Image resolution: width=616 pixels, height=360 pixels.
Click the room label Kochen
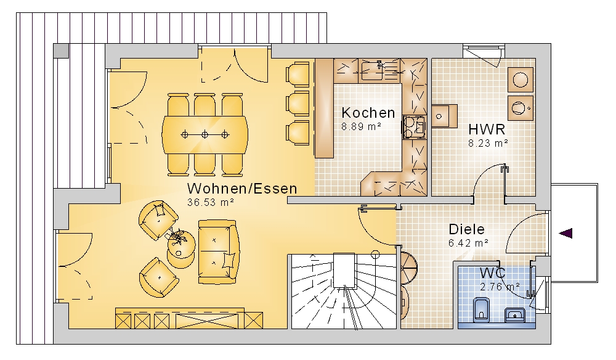(x=368, y=113)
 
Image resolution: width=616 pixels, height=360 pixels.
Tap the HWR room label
(x=487, y=129)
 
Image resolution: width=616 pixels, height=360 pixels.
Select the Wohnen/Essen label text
(x=242, y=189)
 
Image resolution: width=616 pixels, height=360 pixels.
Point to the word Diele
(x=467, y=229)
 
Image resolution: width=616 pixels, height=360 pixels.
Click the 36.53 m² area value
(x=211, y=202)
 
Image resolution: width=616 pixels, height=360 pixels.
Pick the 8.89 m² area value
(x=361, y=126)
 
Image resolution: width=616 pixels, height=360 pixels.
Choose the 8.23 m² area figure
(x=488, y=143)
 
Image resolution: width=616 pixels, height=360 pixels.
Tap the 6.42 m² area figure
(x=468, y=243)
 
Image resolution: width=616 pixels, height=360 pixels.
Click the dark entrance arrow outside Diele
(x=565, y=234)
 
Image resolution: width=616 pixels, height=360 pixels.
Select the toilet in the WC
(x=481, y=309)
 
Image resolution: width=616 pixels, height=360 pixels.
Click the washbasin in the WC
(x=514, y=314)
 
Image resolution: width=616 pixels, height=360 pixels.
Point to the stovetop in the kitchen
(x=413, y=127)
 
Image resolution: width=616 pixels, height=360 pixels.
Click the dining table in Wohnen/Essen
(x=205, y=135)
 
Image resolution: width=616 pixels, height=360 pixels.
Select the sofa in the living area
(x=218, y=252)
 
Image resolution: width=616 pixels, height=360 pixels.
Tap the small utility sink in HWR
(x=444, y=116)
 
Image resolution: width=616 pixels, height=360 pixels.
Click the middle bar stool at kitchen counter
(x=298, y=104)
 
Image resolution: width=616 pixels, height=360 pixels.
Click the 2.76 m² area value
(x=500, y=287)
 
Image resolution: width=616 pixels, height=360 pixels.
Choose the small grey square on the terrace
(x=60, y=51)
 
